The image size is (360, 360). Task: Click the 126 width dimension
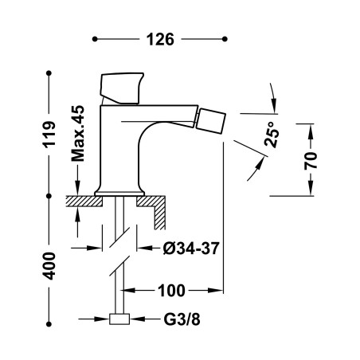coord(160,39)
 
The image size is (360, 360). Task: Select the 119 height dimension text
coord(49,135)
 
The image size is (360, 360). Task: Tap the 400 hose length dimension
coord(49,266)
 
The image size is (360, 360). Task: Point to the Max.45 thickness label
coord(77,134)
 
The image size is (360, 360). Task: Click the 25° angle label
coord(272,135)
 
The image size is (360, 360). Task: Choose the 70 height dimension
coord(311,161)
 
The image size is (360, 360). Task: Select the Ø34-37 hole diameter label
coord(191,248)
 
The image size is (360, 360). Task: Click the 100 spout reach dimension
coord(171,291)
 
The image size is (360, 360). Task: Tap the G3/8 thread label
coord(182,319)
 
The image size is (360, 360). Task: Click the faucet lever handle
coord(122,88)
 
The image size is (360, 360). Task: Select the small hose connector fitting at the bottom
coord(119,319)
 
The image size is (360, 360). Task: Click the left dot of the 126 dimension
coord(95,39)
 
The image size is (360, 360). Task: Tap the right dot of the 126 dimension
coord(225,39)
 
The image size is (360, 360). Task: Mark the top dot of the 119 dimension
coord(49,73)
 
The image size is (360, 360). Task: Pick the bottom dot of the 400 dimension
coord(49,324)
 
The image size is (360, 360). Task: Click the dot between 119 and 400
coord(49,196)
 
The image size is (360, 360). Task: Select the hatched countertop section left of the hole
coord(84,201)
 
